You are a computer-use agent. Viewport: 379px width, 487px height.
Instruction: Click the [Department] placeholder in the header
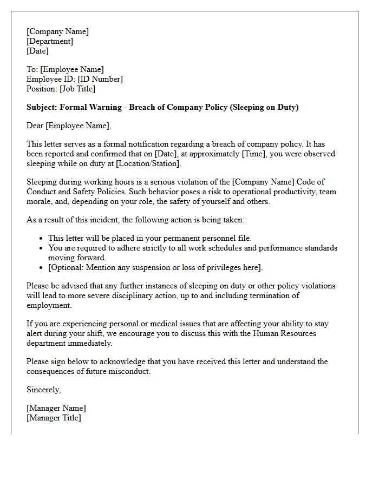tap(50, 41)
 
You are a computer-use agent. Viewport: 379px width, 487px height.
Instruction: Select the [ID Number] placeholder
tap(100, 79)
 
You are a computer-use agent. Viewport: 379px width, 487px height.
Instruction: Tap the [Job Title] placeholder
tap(77, 89)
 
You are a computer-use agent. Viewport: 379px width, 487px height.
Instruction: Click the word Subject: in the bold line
tap(42, 107)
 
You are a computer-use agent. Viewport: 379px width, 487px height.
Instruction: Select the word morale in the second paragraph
tap(40, 201)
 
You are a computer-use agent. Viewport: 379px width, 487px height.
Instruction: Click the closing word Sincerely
tap(44, 390)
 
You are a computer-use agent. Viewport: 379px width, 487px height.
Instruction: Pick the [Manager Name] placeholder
tap(56, 408)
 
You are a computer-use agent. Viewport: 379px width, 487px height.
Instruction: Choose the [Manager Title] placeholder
tap(54, 418)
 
